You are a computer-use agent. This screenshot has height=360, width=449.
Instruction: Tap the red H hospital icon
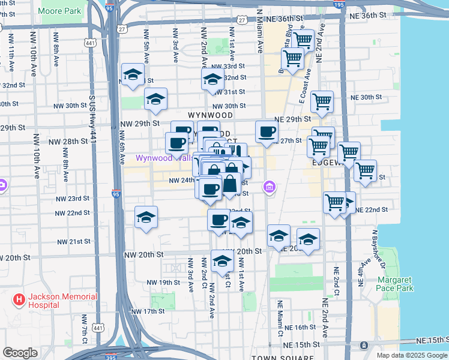[20, 299]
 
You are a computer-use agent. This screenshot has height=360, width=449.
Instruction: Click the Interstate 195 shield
[339, 5]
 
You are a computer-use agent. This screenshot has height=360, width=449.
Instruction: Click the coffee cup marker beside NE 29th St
[267, 132]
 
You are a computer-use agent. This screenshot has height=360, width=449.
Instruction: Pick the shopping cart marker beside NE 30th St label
[322, 101]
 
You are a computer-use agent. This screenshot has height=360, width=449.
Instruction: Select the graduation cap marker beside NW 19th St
[222, 261]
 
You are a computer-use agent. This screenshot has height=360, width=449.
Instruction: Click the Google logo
[20, 353]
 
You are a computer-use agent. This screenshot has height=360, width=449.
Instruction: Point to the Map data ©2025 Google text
[411, 355]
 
